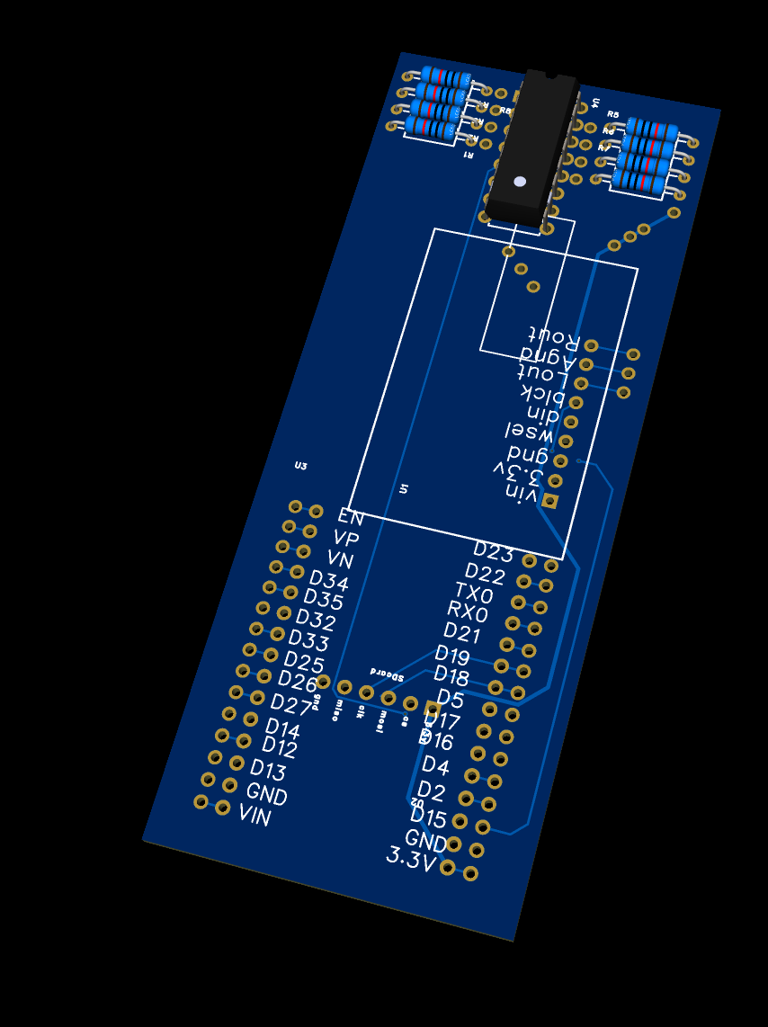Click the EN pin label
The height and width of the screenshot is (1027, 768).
click(351, 517)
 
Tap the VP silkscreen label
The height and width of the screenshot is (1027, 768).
click(346, 539)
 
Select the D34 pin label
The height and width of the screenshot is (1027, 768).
click(328, 580)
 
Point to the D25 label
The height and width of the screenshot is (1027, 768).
click(305, 663)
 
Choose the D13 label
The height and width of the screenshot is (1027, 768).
click(268, 770)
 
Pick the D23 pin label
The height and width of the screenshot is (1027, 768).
click(493, 550)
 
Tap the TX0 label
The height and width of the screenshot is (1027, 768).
click(474, 593)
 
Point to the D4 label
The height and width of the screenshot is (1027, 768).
click(436, 765)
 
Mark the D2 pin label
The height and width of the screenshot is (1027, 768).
click(432, 790)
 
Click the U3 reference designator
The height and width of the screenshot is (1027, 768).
click(300, 466)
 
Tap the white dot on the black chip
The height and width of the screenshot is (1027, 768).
click(520, 182)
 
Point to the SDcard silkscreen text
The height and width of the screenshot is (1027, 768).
click(388, 672)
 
